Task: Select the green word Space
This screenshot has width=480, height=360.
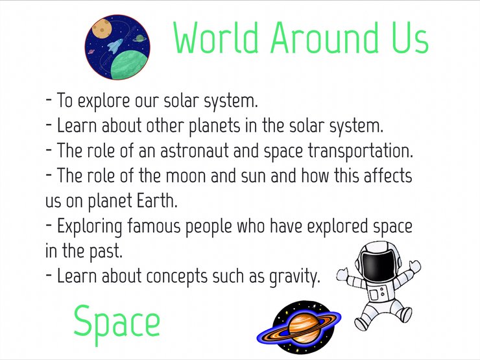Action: click(x=117, y=322)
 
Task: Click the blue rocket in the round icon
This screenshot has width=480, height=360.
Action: click(x=115, y=46)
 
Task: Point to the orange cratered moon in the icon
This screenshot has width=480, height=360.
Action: click(x=101, y=28)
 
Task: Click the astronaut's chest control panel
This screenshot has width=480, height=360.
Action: click(x=377, y=293)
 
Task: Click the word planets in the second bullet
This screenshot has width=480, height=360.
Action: click(x=214, y=126)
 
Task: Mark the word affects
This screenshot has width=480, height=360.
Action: click(x=388, y=176)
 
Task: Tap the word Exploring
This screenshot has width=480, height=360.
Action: click(x=90, y=227)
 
